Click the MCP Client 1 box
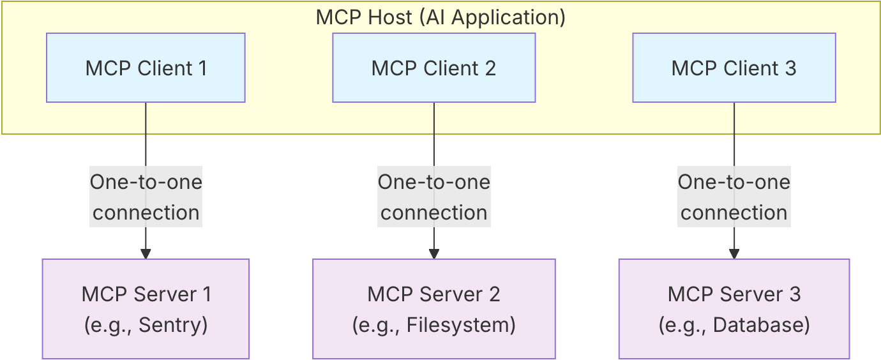146,68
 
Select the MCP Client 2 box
433,68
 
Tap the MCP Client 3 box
734,68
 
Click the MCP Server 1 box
146,309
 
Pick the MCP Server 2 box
433,309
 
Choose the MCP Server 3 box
734,309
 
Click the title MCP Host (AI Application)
440,17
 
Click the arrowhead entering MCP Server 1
146,253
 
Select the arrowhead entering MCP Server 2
434,253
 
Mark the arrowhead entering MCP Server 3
734,253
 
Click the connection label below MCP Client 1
146,197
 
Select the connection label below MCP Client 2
434,197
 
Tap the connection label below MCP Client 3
734,197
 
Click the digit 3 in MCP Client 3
790,68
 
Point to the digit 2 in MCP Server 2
494,294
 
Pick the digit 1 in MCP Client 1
202,68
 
